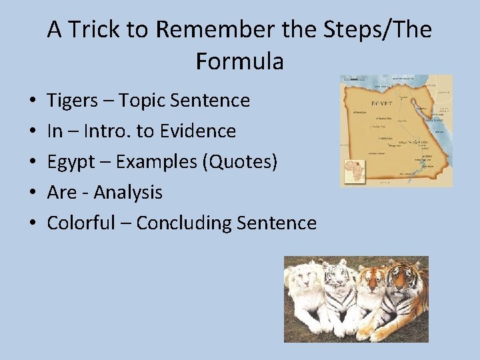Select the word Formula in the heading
point(240,61)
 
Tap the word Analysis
point(128,193)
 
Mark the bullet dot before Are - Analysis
point(33,193)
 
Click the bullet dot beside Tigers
point(33,101)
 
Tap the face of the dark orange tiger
point(401,275)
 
